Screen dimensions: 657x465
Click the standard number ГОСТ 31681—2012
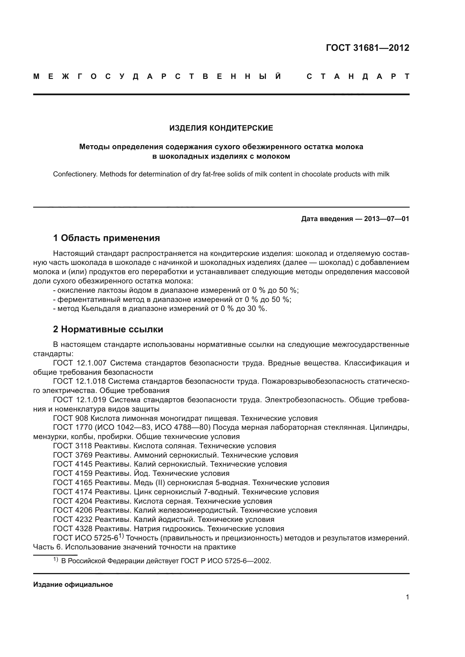click(x=367, y=48)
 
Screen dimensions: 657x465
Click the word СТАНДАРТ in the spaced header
click(x=358, y=77)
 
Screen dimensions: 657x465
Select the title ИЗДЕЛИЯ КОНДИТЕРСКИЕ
click(x=221, y=128)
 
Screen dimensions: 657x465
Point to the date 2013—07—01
click(x=386, y=219)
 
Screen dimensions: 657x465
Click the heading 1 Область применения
click(x=106, y=238)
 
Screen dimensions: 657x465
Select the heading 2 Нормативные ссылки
click(x=108, y=329)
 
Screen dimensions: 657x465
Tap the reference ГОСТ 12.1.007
click(x=80, y=363)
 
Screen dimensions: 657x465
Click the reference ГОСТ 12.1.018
click(x=80, y=381)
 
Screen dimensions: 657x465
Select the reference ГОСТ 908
click(x=71, y=418)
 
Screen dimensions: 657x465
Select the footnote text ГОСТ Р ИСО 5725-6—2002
click(x=225, y=561)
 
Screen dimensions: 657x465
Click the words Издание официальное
click(x=73, y=585)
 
